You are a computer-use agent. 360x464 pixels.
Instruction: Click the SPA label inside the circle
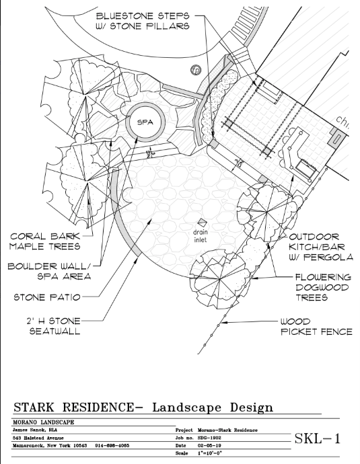coord(145,123)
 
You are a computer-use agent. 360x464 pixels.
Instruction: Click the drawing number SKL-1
coord(318,439)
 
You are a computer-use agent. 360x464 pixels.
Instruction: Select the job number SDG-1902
coord(214,436)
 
